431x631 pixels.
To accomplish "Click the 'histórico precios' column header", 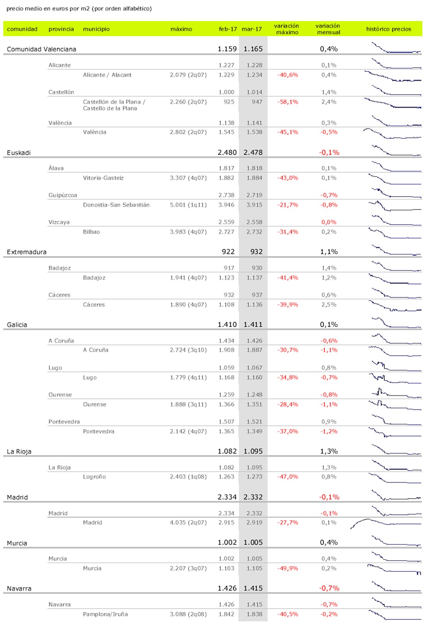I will [388, 29].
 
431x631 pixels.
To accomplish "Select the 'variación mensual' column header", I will [328, 29].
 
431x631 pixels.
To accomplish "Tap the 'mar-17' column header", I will [252, 29].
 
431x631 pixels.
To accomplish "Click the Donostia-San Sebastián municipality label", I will [116, 205].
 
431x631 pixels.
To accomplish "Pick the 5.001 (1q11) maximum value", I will [188, 205].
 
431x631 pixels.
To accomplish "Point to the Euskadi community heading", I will [19, 153].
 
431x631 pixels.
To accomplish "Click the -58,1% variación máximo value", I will [287, 102].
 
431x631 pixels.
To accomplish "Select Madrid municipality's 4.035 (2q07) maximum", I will [188, 523].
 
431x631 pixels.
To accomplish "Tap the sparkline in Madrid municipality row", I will [385, 523].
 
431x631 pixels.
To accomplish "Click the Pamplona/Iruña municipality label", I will [105, 614].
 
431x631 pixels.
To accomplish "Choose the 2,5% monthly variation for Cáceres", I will [329, 305].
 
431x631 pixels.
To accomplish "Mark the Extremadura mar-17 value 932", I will [256, 252].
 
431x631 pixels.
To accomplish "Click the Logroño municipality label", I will [94, 477].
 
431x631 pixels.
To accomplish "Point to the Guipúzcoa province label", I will [62, 195].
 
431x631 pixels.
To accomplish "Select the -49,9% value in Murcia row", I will [287, 568].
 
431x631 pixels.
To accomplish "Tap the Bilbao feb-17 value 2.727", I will [226, 232].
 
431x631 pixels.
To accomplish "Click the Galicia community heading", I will [17, 325].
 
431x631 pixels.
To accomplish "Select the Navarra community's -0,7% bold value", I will [329, 588].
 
